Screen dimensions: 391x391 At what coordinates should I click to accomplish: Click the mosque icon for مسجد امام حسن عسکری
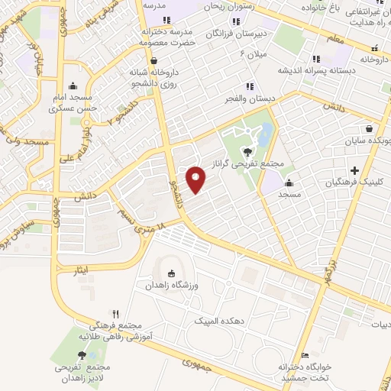pos(73,86)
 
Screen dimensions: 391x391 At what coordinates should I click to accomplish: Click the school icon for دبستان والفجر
pos(248,86)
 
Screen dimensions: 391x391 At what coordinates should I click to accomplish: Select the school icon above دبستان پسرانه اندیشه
pos(315,59)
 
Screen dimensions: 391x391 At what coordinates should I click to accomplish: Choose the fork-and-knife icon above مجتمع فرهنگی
pos(116,313)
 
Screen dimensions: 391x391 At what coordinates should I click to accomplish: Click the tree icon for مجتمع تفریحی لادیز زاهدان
pos(82,355)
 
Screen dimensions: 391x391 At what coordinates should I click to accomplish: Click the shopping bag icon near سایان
pos(370,128)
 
